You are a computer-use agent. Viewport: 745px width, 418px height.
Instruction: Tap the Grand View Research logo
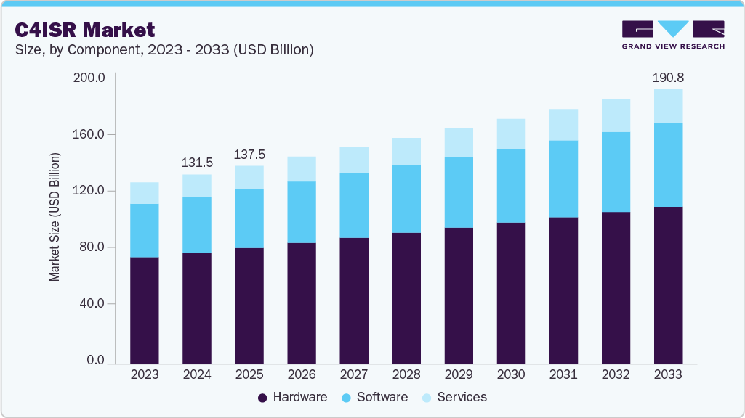click(x=672, y=35)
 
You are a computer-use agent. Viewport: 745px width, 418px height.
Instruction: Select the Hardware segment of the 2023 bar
click(x=145, y=310)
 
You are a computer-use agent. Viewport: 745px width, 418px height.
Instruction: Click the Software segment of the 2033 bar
click(x=668, y=165)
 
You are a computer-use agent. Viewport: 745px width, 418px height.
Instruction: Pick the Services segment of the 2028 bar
click(x=406, y=152)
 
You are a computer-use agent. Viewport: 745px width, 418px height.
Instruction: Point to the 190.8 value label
click(x=668, y=77)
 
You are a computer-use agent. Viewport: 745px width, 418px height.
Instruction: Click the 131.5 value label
click(x=197, y=163)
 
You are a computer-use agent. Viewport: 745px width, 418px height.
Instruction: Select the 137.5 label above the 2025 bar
click(x=249, y=155)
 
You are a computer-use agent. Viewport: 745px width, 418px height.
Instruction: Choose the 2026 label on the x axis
click(x=302, y=374)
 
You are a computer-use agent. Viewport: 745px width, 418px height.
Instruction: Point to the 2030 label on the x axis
click(x=511, y=374)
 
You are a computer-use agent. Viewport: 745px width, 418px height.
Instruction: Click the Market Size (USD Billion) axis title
click(x=55, y=218)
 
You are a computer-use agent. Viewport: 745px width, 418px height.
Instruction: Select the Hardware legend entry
click(x=292, y=397)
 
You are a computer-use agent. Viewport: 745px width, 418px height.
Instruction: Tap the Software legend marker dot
click(x=346, y=398)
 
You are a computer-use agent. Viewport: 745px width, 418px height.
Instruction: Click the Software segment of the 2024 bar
click(x=197, y=225)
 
